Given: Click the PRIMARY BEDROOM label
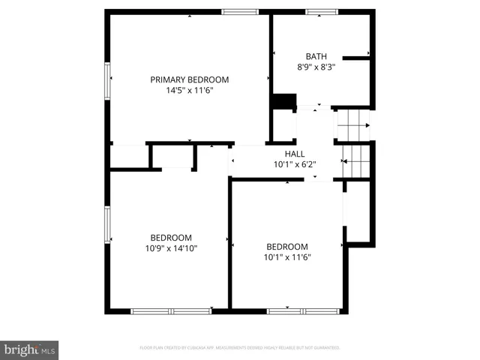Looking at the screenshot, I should tap(189, 79).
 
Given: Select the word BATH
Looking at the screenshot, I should tap(316, 56).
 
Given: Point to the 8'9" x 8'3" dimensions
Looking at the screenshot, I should tap(316, 67).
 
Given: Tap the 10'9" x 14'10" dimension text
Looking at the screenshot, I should tap(171, 247).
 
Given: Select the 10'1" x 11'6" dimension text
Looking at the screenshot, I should tap(287, 257).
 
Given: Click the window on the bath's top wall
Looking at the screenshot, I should tap(322, 11).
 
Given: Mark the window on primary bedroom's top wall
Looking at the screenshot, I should tap(240, 11).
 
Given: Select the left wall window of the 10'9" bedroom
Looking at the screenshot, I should tap(108, 225).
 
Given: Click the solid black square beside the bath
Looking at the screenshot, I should tap(283, 102).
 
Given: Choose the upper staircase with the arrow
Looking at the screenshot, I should tap(352, 124).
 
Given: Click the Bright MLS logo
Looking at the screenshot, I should tap(29, 350).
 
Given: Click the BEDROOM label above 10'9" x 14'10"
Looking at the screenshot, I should tap(171, 237).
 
